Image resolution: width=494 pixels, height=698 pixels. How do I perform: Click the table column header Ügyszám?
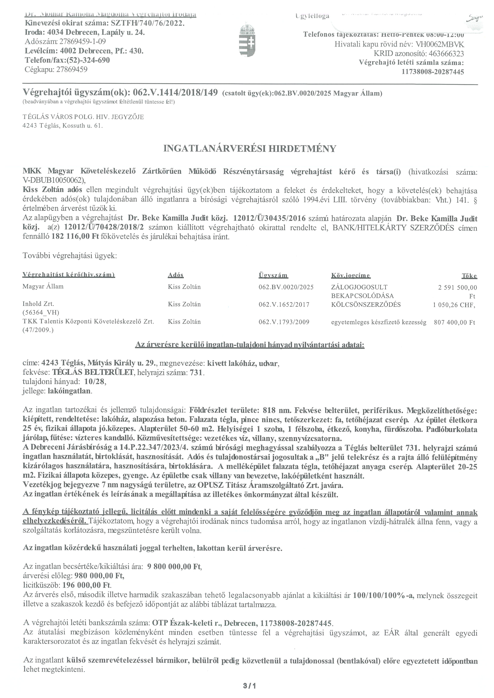click(x=273, y=275)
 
